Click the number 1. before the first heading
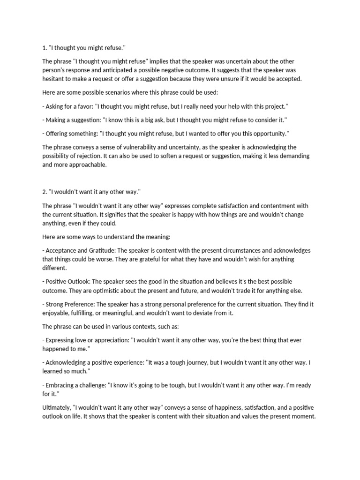coord(45,48)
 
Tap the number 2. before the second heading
coord(45,192)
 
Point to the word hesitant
coord(57,79)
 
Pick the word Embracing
coord(62,386)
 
